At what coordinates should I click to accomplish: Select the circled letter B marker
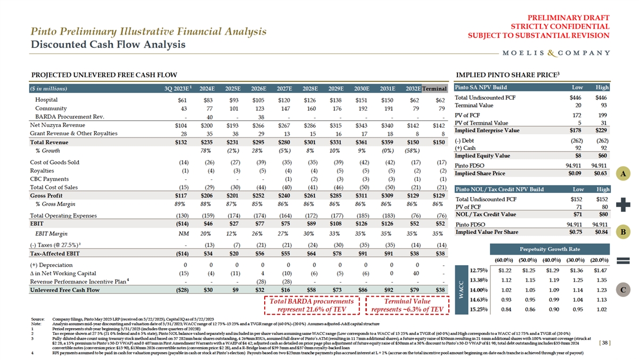[623, 232]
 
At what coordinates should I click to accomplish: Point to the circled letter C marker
[623, 290]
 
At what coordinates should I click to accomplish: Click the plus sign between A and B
[623, 203]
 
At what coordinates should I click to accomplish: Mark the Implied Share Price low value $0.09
[574, 173]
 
